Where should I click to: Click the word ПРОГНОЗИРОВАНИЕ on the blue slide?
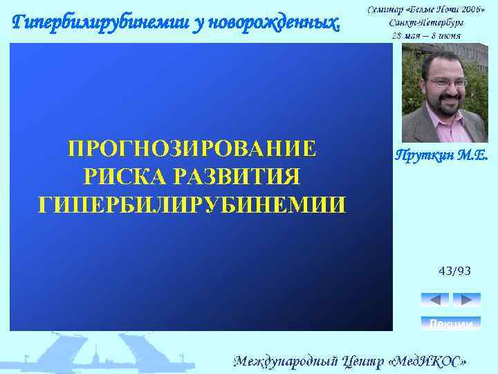(192, 149)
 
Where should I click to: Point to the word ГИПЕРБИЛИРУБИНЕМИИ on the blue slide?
(192, 204)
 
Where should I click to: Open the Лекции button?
(450, 323)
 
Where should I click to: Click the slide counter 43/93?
(454, 270)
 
